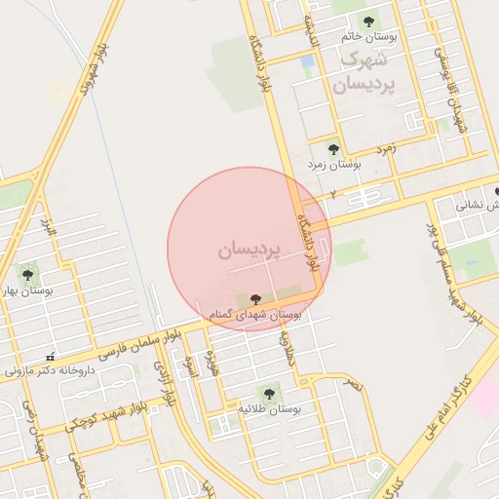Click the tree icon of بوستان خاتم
(x=368, y=20)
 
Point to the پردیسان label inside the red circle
(x=249, y=250)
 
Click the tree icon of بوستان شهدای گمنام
(x=255, y=299)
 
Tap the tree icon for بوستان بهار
(x=27, y=274)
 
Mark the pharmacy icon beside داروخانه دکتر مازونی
(x=51, y=355)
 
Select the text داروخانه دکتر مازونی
(x=51, y=370)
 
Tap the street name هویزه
(x=209, y=361)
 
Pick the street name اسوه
(x=191, y=366)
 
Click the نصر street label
(x=352, y=384)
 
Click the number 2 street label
(x=332, y=195)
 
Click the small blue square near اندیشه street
(x=308, y=62)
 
